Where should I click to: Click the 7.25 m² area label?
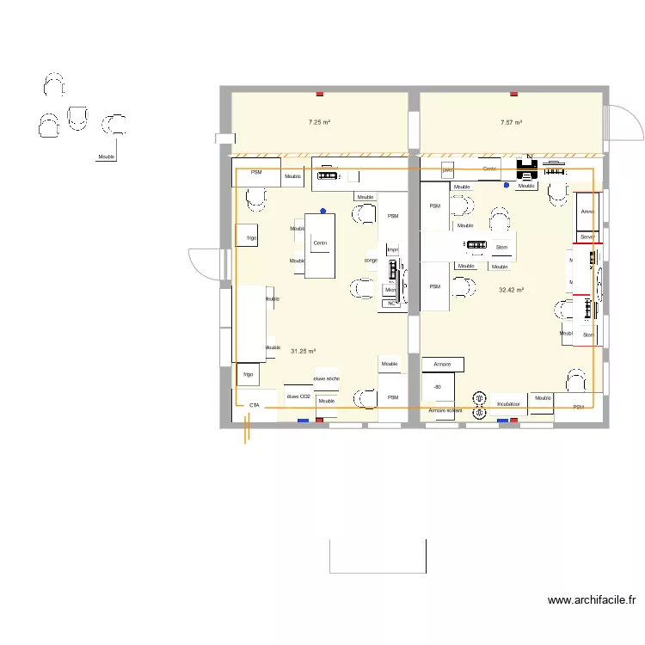pyautogui.click(x=320, y=123)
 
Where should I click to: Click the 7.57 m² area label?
pyautogui.click(x=512, y=123)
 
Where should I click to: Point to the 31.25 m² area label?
pyautogui.click(x=304, y=351)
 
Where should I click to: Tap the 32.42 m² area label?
pyautogui.click(x=512, y=290)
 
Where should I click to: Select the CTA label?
pyautogui.click(x=255, y=404)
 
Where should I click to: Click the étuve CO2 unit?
pyautogui.click(x=298, y=397)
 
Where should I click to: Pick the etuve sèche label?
pyautogui.click(x=326, y=378)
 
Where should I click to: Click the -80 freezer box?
pyautogui.click(x=438, y=387)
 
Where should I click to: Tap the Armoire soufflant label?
pyautogui.click(x=445, y=411)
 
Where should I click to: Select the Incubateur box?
pyautogui.click(x=508, y=403)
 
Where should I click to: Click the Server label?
pyautogui.click(x=587, y=236)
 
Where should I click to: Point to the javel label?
pyautogui.click(x=447, y=170)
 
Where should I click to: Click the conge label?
pyautogui.click(x=371, y=260)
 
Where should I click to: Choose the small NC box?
pyautogui.click(x=390, y=303)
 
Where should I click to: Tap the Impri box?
pyautogui.click(x=392, y=249)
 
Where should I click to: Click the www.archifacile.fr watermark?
pyautogui.click(x=592, y=601)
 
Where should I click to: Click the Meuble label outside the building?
pyautogui.click(x=107, y=157)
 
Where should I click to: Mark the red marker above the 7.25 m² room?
pyautogui.click(x=320, y=93)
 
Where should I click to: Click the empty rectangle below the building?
pyautogui.click(x=378, y=556)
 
